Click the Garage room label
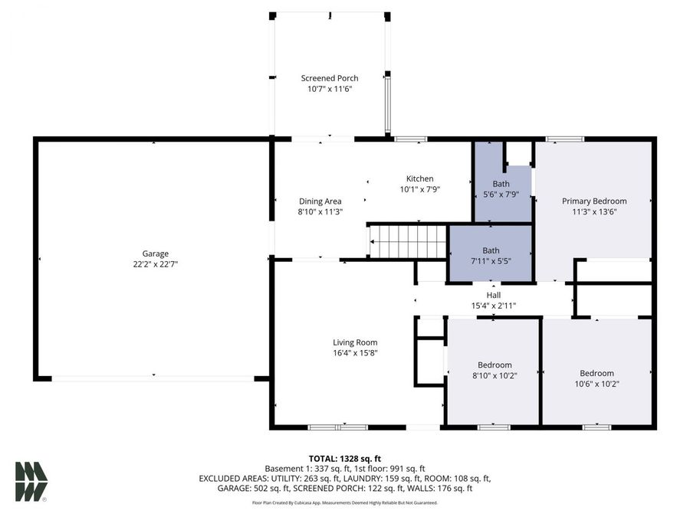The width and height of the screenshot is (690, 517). point(155,254)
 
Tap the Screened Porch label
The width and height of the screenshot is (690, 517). point(329,78)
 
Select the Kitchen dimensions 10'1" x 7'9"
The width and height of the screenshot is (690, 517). point(419,189)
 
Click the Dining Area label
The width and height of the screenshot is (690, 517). point(320,201)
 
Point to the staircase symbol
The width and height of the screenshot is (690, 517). point(409,241)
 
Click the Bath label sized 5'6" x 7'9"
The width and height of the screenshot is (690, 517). point(501,184)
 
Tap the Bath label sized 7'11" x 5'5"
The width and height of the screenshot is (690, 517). point(491,250)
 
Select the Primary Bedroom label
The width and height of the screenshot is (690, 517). point(594,201)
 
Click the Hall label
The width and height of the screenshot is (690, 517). point(493,295)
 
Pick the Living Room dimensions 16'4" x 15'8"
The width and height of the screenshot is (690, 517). point(355,353)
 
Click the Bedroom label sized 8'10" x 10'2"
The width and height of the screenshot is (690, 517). point(495,365)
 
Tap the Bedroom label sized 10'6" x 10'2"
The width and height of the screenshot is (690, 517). point(596,373)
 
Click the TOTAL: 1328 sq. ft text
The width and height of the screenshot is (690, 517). point(344,458)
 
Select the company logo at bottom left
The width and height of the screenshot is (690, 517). point(31,482)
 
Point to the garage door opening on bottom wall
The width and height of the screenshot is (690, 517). point(153,378)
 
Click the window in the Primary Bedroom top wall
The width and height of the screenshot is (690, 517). point(565,139)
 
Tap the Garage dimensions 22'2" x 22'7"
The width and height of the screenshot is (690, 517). point(155,264)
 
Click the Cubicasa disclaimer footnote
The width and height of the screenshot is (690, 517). point(344,503)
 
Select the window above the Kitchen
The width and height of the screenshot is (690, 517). point(411,139)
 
